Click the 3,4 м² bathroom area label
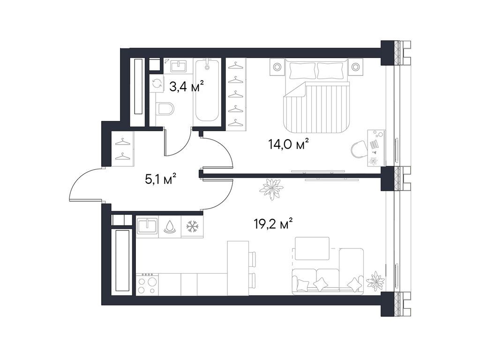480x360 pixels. point(187,87)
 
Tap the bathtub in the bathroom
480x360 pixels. point(207,90)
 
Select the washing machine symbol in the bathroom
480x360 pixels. point(157,82)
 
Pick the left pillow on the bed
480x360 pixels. point(301,70)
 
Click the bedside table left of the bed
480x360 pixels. point(277,67)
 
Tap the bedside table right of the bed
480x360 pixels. point(355,67)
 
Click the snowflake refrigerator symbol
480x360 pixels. point(193,226)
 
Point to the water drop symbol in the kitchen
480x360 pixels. point(170,226)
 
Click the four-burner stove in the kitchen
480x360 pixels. point(147,285)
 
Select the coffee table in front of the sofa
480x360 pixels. point(312,248)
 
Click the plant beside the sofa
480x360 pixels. point(375,280)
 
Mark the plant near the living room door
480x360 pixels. point(271,189)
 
